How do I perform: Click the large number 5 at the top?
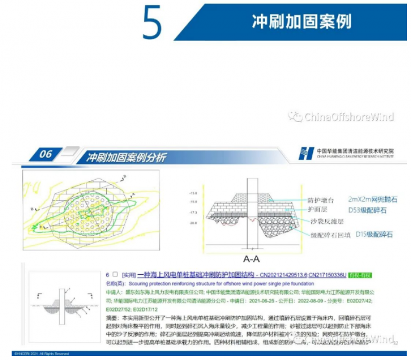(x=152, y=23)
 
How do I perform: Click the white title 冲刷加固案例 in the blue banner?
(x=301, y=22)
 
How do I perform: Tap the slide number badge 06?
(x=46, y=154)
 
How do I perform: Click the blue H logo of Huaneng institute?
(x=307, y=153)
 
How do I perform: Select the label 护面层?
(x=317, y=210)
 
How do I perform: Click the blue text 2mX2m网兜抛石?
(x=372, y=199)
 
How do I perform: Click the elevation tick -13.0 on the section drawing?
(x=193, y=193)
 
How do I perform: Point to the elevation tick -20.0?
(x=193, y=223)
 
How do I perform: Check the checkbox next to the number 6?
(x=115, y=275)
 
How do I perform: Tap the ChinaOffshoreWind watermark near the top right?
(x=342, y=117)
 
